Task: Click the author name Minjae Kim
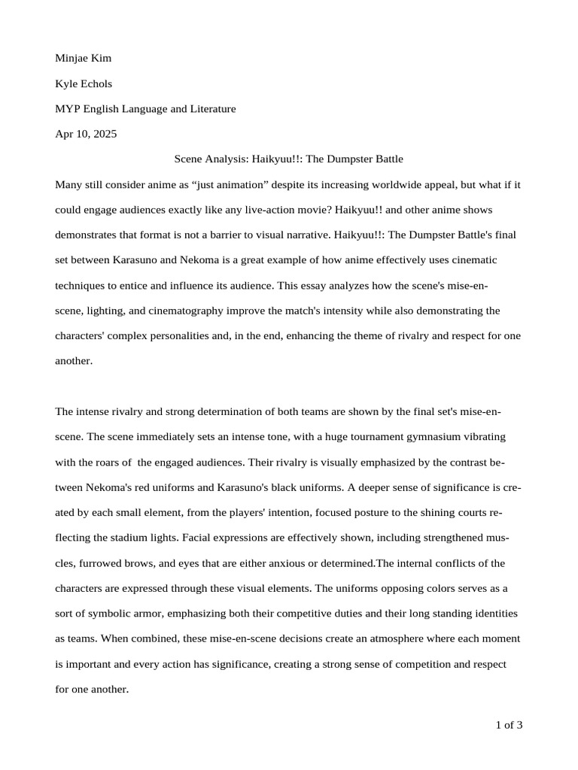coord(84,58)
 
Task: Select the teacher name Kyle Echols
coord(84,83)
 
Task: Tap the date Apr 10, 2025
coord(86,134)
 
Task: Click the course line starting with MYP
coord(145,109)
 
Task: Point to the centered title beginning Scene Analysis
coord(289,159)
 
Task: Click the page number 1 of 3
coord(509,725)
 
